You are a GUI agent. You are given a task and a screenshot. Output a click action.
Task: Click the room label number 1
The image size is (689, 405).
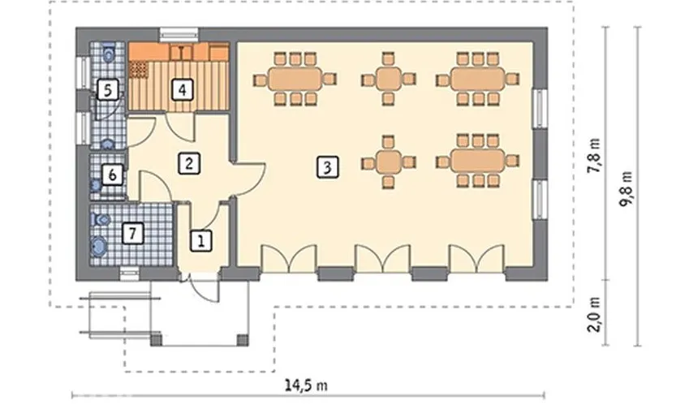201,241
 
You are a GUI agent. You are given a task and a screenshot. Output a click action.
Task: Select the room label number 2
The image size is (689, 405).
189,163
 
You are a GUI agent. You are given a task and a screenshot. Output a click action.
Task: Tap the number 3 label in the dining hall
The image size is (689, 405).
327,167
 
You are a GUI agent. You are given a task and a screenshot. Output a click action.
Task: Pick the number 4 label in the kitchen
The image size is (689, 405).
182,90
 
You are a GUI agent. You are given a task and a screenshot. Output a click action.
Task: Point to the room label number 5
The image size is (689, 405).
108,90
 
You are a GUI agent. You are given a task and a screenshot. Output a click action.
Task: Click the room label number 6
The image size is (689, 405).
113,175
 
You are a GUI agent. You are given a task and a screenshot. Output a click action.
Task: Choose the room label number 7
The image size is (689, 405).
132,233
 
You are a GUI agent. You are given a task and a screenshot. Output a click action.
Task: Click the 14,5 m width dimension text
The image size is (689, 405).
306,386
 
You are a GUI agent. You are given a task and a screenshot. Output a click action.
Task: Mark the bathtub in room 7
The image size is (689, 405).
99,246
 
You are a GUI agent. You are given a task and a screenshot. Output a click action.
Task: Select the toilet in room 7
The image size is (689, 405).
101,219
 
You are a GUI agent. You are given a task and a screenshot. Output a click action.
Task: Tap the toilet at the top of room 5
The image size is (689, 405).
109,53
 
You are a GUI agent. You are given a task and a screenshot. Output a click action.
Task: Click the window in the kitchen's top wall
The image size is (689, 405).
179,35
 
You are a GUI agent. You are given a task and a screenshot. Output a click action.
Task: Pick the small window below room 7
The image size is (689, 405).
130,274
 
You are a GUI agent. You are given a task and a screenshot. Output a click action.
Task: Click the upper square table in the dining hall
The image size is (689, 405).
389,79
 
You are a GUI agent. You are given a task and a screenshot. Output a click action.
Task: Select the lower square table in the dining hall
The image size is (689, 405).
389,162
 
